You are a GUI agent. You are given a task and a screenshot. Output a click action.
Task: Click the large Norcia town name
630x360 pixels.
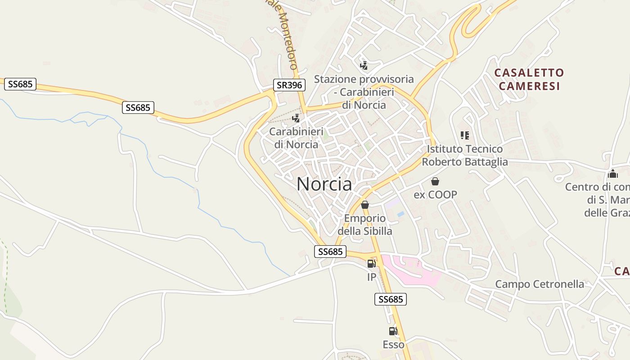[324, 184]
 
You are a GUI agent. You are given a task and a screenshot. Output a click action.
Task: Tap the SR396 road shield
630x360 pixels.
[289, 85]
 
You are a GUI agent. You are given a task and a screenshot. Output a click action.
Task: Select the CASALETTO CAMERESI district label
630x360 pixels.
[529, 79]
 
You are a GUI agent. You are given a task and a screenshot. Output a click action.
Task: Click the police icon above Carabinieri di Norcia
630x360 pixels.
[296, 118]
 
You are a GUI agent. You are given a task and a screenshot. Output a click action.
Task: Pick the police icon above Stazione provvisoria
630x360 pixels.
[364, 66]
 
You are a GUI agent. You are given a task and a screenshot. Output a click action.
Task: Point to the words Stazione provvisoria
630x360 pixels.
[364, 79]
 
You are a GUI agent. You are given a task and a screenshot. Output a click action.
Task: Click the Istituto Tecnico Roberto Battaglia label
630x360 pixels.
[465, 155]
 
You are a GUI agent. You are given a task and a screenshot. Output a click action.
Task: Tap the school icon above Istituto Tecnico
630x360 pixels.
[465, 135]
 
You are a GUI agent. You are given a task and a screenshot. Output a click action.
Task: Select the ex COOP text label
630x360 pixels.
[435, 194]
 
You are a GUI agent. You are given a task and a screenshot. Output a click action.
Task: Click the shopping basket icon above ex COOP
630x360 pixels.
[435, 181]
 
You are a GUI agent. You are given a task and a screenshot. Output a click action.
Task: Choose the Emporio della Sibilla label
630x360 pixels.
[365, 225]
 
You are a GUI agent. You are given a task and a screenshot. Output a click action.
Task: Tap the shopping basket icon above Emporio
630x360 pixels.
[365, 205]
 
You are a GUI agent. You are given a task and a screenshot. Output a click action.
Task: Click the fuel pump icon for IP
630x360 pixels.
[371, 264]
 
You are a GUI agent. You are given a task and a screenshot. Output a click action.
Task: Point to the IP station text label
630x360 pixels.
[371, 277]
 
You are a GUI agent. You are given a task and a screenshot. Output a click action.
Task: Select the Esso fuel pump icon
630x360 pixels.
[393, 332]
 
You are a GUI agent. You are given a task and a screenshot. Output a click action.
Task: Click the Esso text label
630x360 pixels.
[393, 345]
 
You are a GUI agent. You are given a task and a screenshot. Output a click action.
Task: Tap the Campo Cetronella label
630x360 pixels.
[540, 284]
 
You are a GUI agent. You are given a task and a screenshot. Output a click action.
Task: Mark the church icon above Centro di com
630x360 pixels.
[612, 174]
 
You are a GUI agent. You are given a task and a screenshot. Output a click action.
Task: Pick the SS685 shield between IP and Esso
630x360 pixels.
[391, 299]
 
